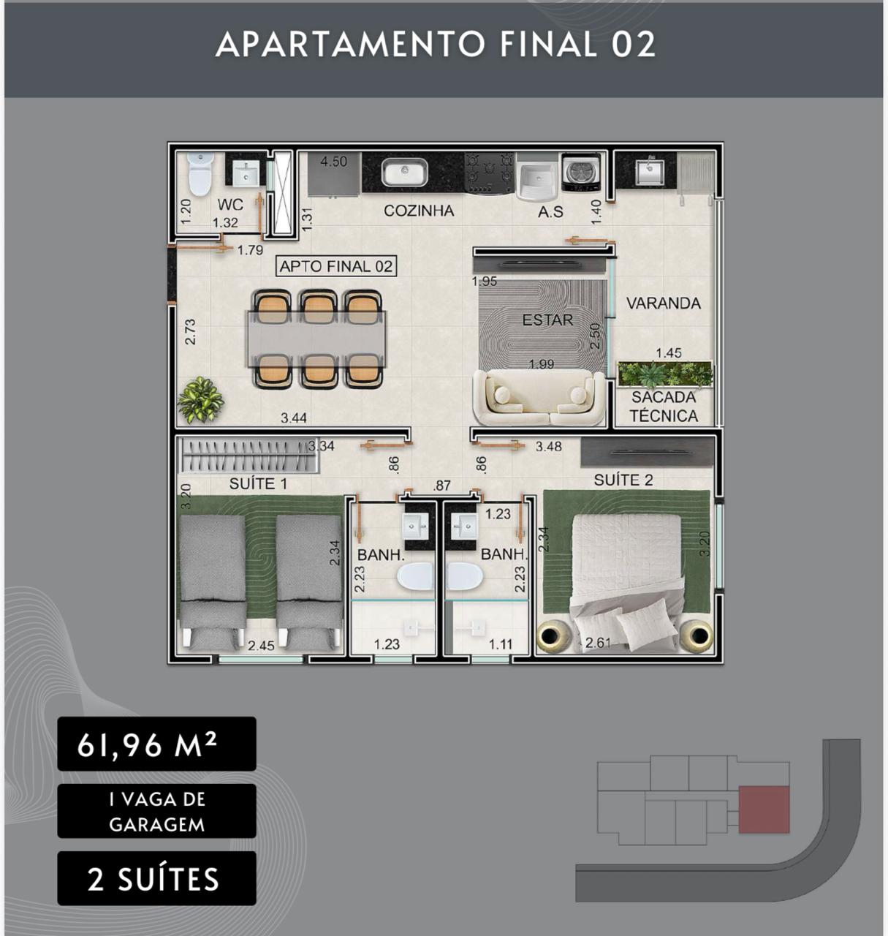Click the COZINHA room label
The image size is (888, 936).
(x=419, y=211)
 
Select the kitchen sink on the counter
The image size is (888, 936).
(x=404, y=173)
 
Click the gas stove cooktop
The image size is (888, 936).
(x=490, y=173)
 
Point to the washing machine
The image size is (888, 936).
(x=580, y=173)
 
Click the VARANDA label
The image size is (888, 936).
(x=664, y=303)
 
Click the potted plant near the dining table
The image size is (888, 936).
(x=200, y=399)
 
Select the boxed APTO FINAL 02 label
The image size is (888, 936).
(x=336, y=266)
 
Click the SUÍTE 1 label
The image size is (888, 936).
(x=259, y=483)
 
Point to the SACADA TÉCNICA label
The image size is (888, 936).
(x=664, y=406)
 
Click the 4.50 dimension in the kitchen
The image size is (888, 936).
(x=333, y=162)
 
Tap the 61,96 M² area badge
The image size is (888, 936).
(x=156, y=744)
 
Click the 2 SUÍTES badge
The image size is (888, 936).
(x=156, y=878)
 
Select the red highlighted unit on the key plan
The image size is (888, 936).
(x=764, y=809)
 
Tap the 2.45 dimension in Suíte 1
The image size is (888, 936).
(x=261, y=646)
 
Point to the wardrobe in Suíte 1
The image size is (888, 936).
(x=248, y=456)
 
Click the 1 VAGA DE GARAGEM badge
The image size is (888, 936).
(x=156, y=811)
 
